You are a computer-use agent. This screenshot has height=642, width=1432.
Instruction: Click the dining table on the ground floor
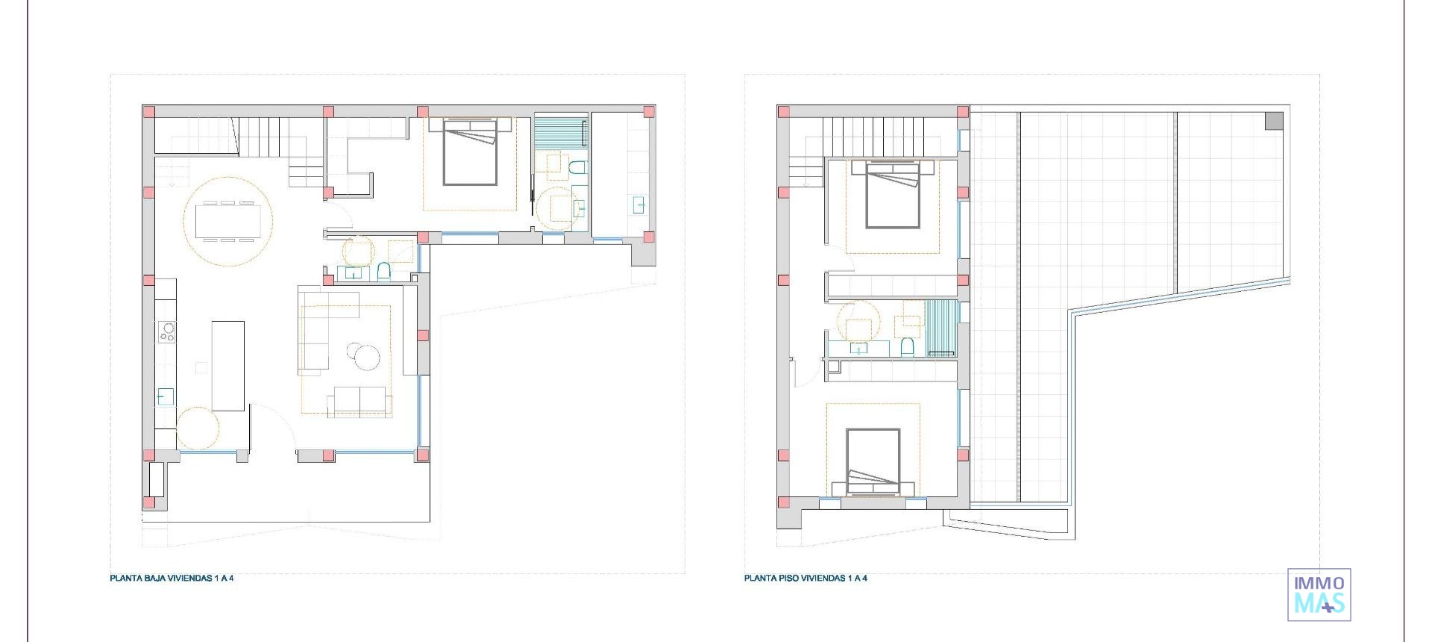pyautogui.click(x=227, y=222)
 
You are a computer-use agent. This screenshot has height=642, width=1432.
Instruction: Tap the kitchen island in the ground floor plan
pyautogui.click(x=227, y=365)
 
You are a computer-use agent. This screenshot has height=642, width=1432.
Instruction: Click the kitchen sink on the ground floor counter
pyautogui.click(x=166, y=396)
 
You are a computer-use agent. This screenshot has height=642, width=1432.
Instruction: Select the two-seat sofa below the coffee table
pyautogui.click(x=359, y=401)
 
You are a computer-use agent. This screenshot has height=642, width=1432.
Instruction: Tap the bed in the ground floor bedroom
pyautogui.click(x=470, y=153)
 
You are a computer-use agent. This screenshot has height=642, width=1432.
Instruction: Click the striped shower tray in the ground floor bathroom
pyautogui.click(x=560, y=132)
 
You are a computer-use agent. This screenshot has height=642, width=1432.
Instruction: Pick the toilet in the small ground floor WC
pyautogui.click(x=383, y=271)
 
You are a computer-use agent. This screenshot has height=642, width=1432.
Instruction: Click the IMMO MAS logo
pyautogui.click(x=1319, y=594)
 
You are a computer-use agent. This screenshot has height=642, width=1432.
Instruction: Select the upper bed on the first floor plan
pyautogui.click(x=893, y=195)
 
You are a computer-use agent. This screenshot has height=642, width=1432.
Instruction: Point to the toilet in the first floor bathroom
pyautogui.click(x=907, y=346)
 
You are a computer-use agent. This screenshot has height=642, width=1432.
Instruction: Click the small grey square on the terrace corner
pyautogui.click(x=1274, y=120)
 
